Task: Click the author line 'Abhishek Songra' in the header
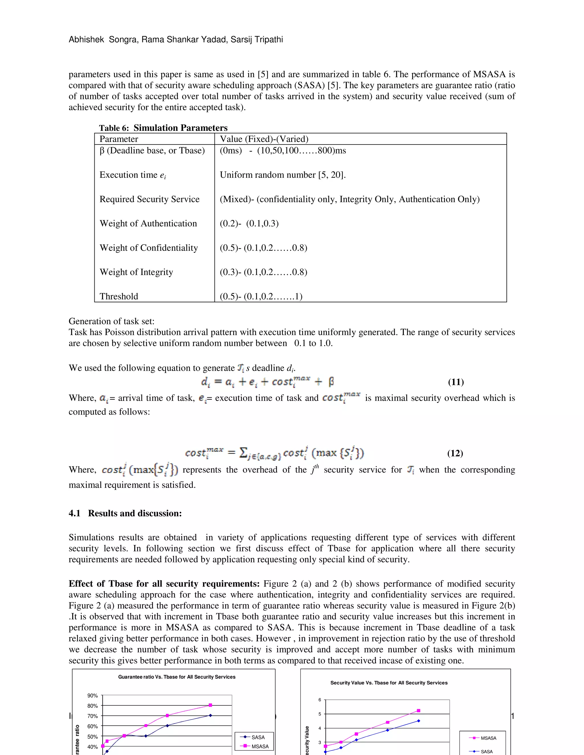(x=86, y=39)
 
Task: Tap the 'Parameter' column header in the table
(x=119, y=139)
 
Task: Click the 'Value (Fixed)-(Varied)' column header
(x=264, y=139)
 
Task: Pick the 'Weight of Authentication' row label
(x=148, y=224)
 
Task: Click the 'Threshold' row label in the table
(x=119, y=297)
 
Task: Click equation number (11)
(x=456, y=382)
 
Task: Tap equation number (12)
(x=455, y=453)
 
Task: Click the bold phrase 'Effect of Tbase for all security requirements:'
(x=164, y=584)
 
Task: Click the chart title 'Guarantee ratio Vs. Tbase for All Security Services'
(x=177, y=677)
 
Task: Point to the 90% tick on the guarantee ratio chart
(x=92, y=695)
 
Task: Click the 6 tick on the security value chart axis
(x=320, y=700)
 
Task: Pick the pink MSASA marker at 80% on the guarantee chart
(x=210, y=705)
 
